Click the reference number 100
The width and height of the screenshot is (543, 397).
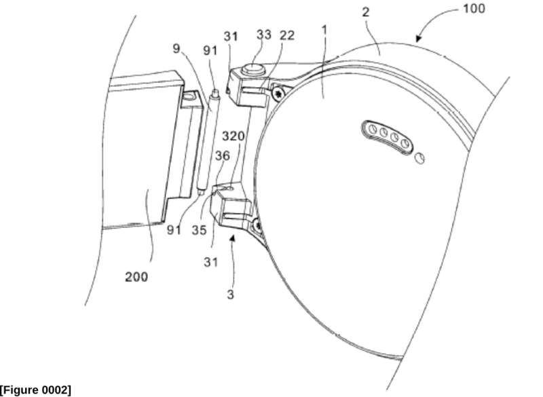click(474, 8)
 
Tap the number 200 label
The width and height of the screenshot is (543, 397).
click(136, 277)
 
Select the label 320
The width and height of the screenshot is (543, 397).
click(233, 136)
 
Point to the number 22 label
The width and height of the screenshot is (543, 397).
click(287, 35)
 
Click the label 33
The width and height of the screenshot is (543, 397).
click(264, 34)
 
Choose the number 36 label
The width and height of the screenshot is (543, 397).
click(223, 156)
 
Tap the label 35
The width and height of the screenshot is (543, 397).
click(199, 230)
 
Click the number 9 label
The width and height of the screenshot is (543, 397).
click(176, 48)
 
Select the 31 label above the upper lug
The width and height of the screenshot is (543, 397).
click(231, 36)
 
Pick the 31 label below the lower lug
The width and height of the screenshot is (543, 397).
click(211, 262)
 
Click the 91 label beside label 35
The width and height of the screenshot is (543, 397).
click(174, 229)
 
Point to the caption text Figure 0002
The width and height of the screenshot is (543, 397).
click(36, 390)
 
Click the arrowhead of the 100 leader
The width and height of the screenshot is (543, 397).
click(419, 38)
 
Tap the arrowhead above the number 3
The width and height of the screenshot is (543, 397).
click(233, 238)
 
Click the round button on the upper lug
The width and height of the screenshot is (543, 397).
click(253, 69)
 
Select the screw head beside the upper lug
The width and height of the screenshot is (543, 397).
click(278, 93)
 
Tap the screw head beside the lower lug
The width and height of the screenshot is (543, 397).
click(258, 227)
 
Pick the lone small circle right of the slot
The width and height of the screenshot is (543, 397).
click(419, 158)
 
